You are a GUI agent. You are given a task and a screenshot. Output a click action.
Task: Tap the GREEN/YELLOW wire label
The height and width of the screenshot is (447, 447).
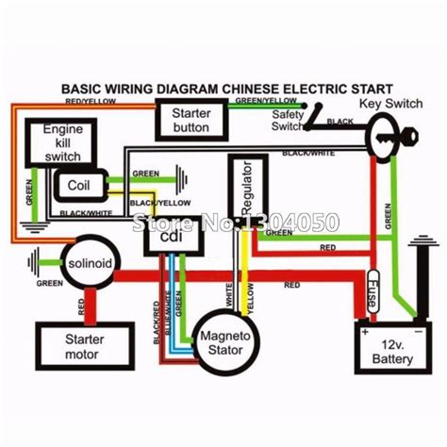pyautogui.click(x=272, y=98)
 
